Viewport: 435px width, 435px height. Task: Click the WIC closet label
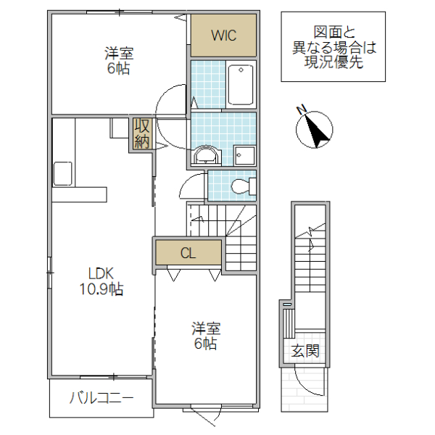[x=223, y=34]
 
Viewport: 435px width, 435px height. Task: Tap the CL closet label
[x=188, y=253]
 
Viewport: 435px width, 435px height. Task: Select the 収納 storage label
[x=141, y=133]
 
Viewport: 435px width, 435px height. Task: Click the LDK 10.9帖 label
[x=101, y=281]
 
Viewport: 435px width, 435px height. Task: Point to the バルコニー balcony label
[x=101, y=397]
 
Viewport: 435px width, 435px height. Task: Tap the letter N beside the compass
[x=302, y=109]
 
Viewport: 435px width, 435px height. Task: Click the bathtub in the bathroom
[x=239, y=84]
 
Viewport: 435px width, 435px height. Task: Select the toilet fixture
[x=242, y=186]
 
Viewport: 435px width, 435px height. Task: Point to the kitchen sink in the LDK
[x=62, y=174]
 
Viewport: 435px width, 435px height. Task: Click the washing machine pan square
[x=244, y=155]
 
